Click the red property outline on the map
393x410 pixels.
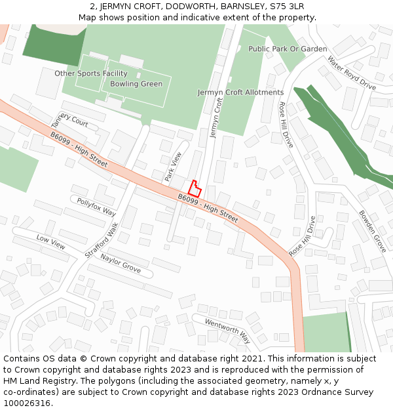coord(194,188)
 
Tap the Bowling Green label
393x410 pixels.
coord(136,84)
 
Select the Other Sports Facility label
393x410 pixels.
coord(91,73)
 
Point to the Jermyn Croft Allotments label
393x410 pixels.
coord(241,92)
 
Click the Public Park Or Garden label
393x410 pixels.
coord(288,49)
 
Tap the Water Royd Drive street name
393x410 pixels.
coord(352,73)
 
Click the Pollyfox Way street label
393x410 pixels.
coord(96,207)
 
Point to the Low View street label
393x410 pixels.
coord(51,242)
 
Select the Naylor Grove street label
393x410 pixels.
coord(121,264)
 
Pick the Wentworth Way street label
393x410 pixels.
coord(227,331)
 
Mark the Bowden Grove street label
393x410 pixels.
coord(372,232)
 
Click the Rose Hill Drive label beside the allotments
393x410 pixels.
coord(286,124)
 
